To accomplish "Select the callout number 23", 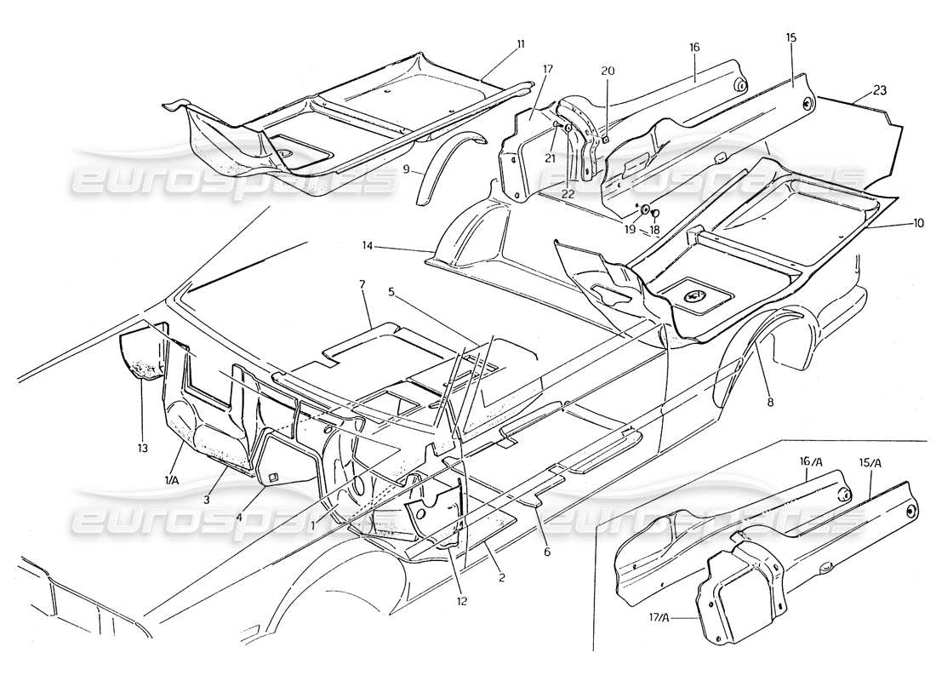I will (880, 90).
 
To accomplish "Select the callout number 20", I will (608, 71).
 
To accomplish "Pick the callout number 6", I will (547, 552).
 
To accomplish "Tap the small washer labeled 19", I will (645, 208).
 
